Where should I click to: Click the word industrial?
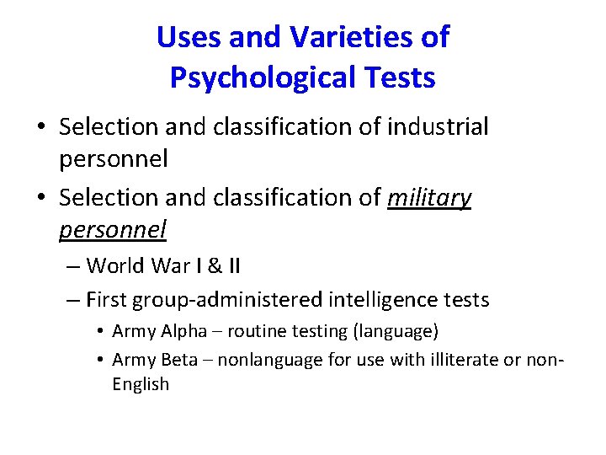[438, 127]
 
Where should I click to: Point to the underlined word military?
[429, 198]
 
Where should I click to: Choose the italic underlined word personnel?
[114, 228]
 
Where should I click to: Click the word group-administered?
[229, 299]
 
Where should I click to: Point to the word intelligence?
[384, 299]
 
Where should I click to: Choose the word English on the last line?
[141, 384]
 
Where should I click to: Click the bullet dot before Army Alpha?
[100, 332]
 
